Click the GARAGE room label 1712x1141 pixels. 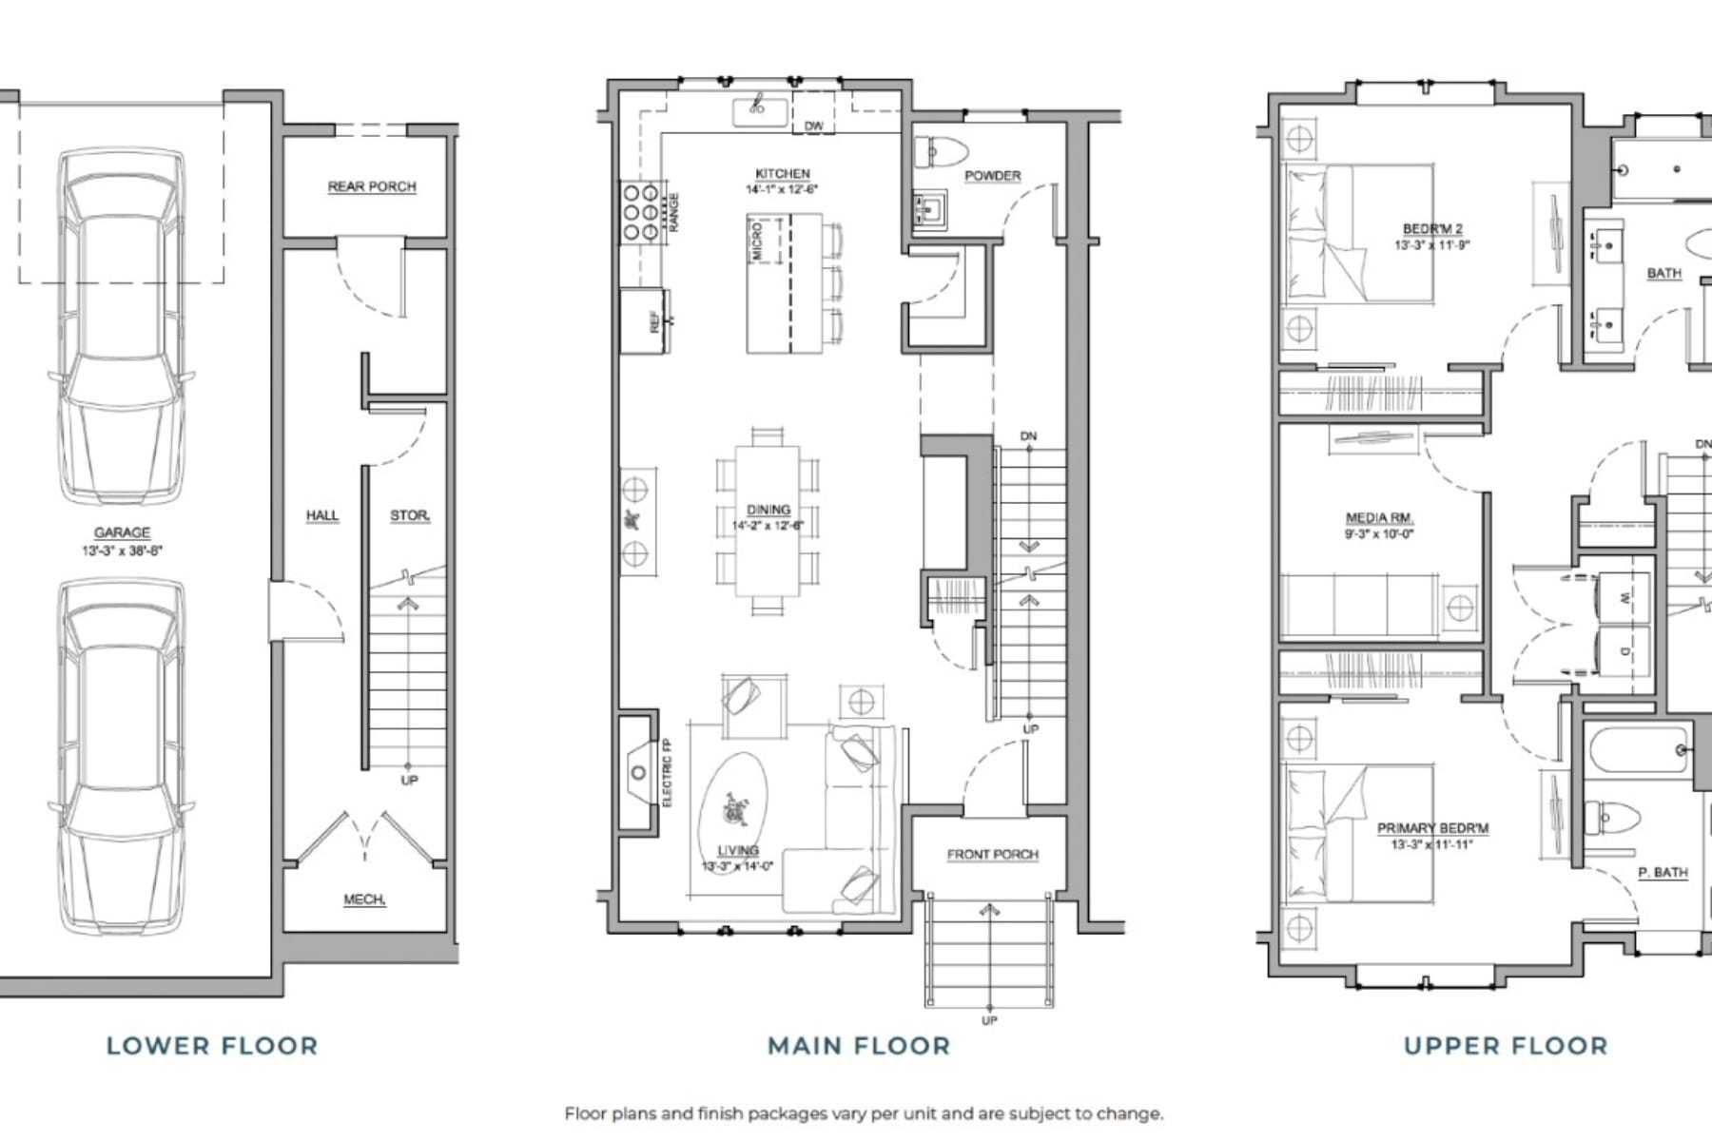click(x=122, y=532)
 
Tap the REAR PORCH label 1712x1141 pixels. click(x=372, y=186)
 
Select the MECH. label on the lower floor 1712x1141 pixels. click(x=364, y=899)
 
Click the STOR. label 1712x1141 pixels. click(x=410, y=515)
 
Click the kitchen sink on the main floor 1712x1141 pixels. click(x=759, y=110)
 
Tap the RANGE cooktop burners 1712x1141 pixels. click(x=639, y=212)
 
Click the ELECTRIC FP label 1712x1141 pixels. click(x=667, y=772)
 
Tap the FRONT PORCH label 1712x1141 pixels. click(x=992, y=854)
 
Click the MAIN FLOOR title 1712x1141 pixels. click(x=859, y=1046)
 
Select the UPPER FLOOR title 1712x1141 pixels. click(x=1506, y=1046)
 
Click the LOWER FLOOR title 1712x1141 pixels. click(x=212, y=1046)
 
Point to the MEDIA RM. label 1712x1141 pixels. click(x=1379, y=518)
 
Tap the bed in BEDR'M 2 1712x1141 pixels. click(x=1360, y=234)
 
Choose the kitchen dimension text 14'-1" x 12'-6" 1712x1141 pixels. click(x=782, y=189)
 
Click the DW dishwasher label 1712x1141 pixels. click(x=814, y=126)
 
